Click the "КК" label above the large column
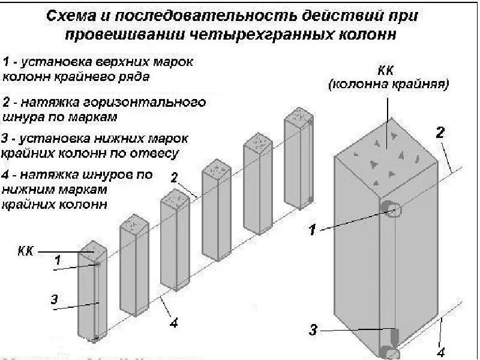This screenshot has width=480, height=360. [x=387, y=71]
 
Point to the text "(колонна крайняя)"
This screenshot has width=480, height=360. [x=388, y=85]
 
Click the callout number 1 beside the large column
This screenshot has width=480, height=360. [x=312, y=229]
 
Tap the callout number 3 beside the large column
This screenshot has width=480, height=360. [x=313, y=329]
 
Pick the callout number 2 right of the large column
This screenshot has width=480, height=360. [x=440, y=133]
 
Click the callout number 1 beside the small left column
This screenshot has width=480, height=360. [x=58, y=260]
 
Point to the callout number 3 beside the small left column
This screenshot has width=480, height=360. [x=54, y=299]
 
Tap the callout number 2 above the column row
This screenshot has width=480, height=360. [x=174, y=177]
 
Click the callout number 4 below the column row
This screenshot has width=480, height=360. [x=173, y=323]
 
